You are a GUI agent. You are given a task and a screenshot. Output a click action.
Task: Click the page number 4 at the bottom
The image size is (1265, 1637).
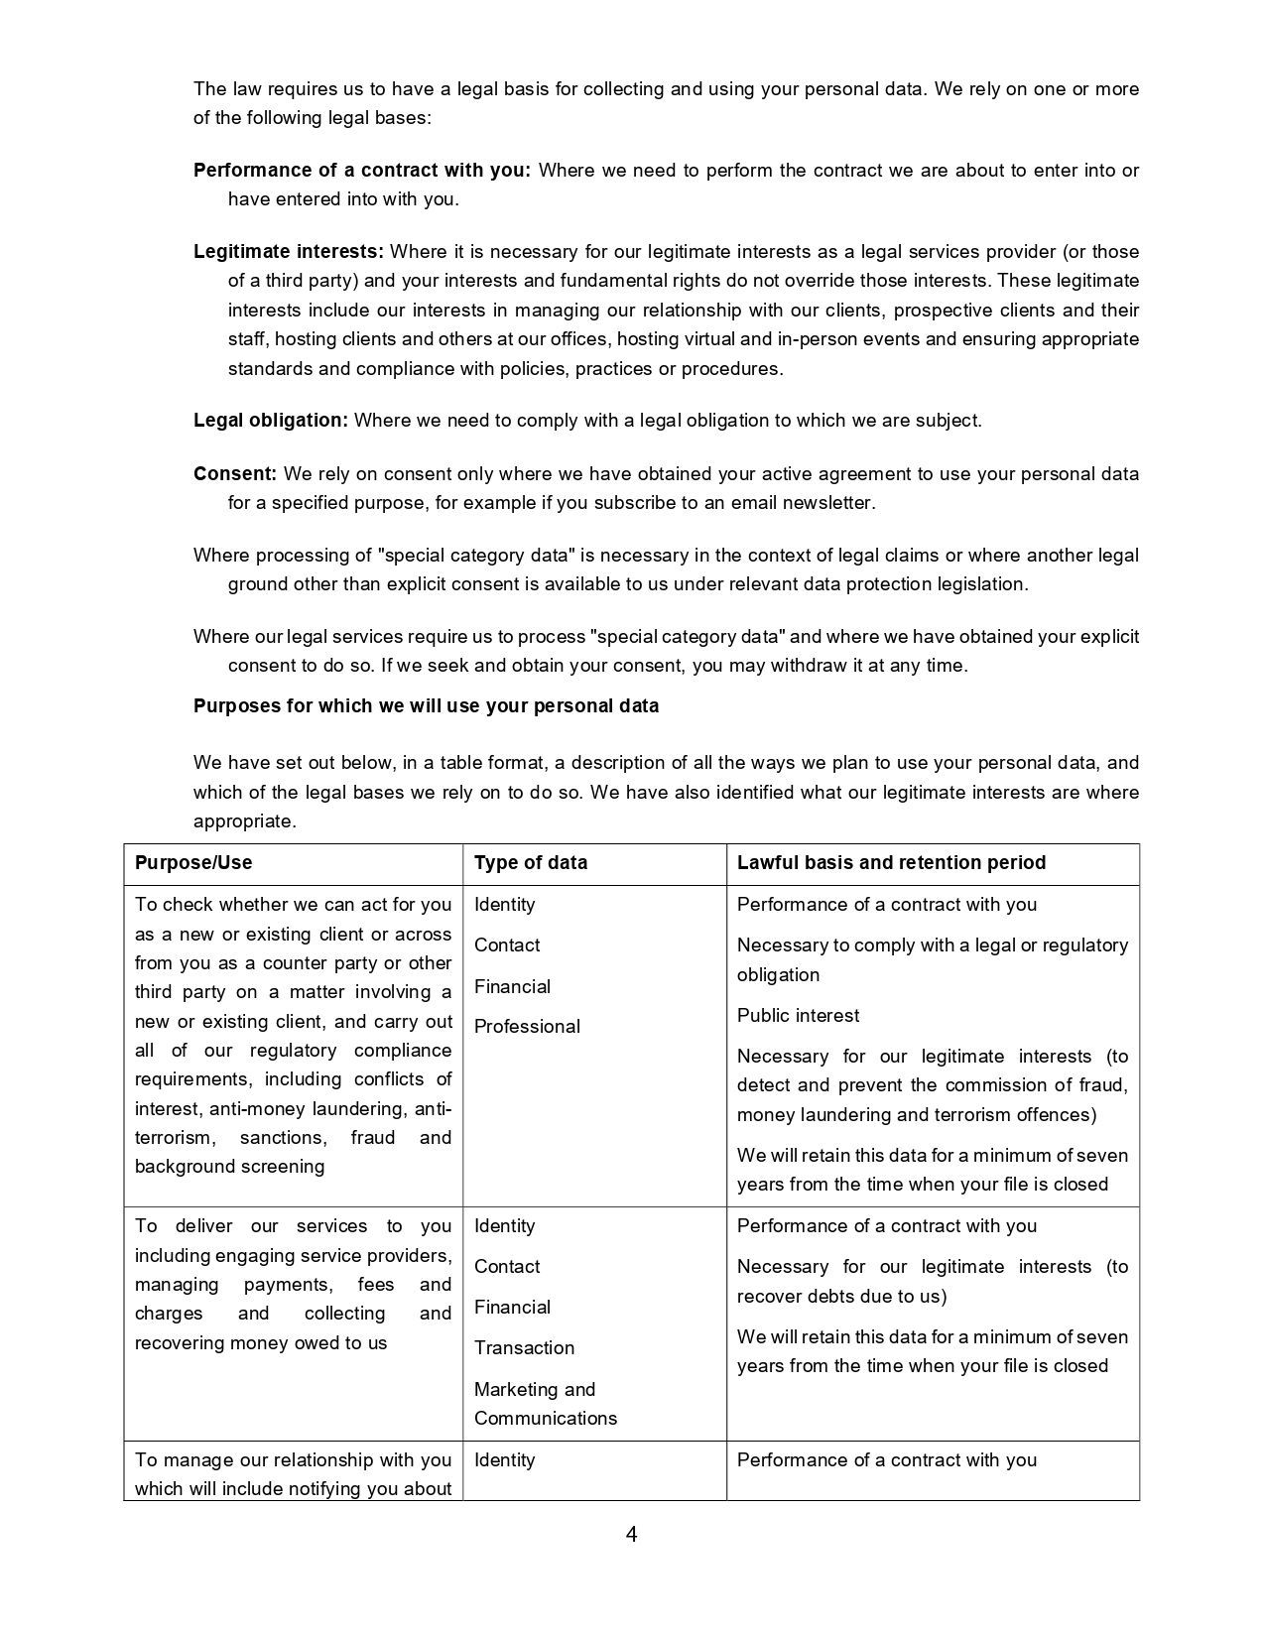tap(631, 1535)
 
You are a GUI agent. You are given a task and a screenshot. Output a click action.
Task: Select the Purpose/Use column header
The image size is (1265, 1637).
tap(193, 863)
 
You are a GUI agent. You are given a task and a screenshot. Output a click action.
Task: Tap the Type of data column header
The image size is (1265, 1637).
tap(531, 863)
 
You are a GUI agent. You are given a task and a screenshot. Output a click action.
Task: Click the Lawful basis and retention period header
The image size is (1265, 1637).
tap(891, 863)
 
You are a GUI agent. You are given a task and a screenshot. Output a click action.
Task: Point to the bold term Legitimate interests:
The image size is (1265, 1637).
tap(289, 252)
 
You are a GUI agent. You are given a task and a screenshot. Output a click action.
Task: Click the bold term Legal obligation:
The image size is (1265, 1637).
tap(271, 421)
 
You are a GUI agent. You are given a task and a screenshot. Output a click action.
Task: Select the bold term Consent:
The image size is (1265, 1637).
tap(235, 474)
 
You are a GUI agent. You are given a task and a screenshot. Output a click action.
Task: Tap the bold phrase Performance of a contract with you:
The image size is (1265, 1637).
tap(362, 171)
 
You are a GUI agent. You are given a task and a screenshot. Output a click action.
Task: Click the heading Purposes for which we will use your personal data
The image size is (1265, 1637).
tap(426, 706)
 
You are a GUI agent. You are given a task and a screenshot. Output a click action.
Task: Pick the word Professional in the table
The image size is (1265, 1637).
tap(527, 1027)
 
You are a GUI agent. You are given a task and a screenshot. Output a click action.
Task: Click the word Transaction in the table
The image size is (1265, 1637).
tap(524, 1348)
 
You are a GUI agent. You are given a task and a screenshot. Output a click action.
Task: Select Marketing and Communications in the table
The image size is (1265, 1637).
tap(545, 1404)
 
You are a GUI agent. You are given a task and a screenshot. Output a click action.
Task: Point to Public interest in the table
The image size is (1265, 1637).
tap(798, 1016)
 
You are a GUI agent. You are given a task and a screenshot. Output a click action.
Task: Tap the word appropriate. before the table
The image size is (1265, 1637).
tap(245, 821)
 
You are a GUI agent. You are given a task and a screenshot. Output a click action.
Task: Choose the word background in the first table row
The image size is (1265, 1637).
tap(180, 1167)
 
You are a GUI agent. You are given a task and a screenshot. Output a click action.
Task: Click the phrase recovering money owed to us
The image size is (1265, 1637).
tap(261, 1343)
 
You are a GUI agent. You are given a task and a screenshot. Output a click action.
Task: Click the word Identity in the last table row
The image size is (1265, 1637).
tap(504, 1460)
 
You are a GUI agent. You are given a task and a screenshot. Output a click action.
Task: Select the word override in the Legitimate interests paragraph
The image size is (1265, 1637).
tap(822, 281)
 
